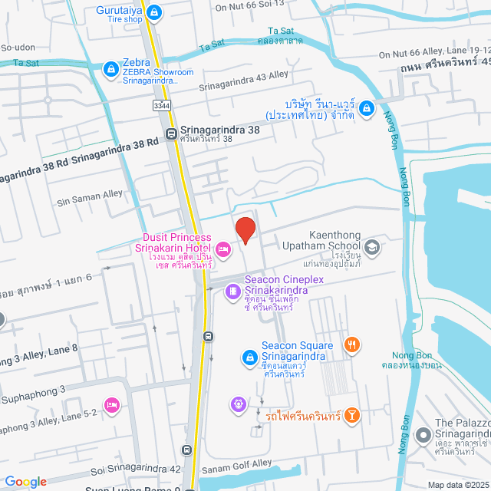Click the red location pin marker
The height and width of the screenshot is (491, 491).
245,230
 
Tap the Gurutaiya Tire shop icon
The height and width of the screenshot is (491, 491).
155,12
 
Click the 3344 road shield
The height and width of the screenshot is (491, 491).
161,104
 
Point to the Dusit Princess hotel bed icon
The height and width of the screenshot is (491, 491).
222,249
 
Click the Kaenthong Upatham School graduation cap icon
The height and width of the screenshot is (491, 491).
372,246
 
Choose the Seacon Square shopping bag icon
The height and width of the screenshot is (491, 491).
249,357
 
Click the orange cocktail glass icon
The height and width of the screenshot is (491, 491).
352,415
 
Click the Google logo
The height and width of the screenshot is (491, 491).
25,482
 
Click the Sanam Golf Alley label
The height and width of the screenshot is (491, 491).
237,464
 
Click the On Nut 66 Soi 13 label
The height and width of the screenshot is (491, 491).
249,6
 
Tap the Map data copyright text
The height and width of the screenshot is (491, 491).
457,485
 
